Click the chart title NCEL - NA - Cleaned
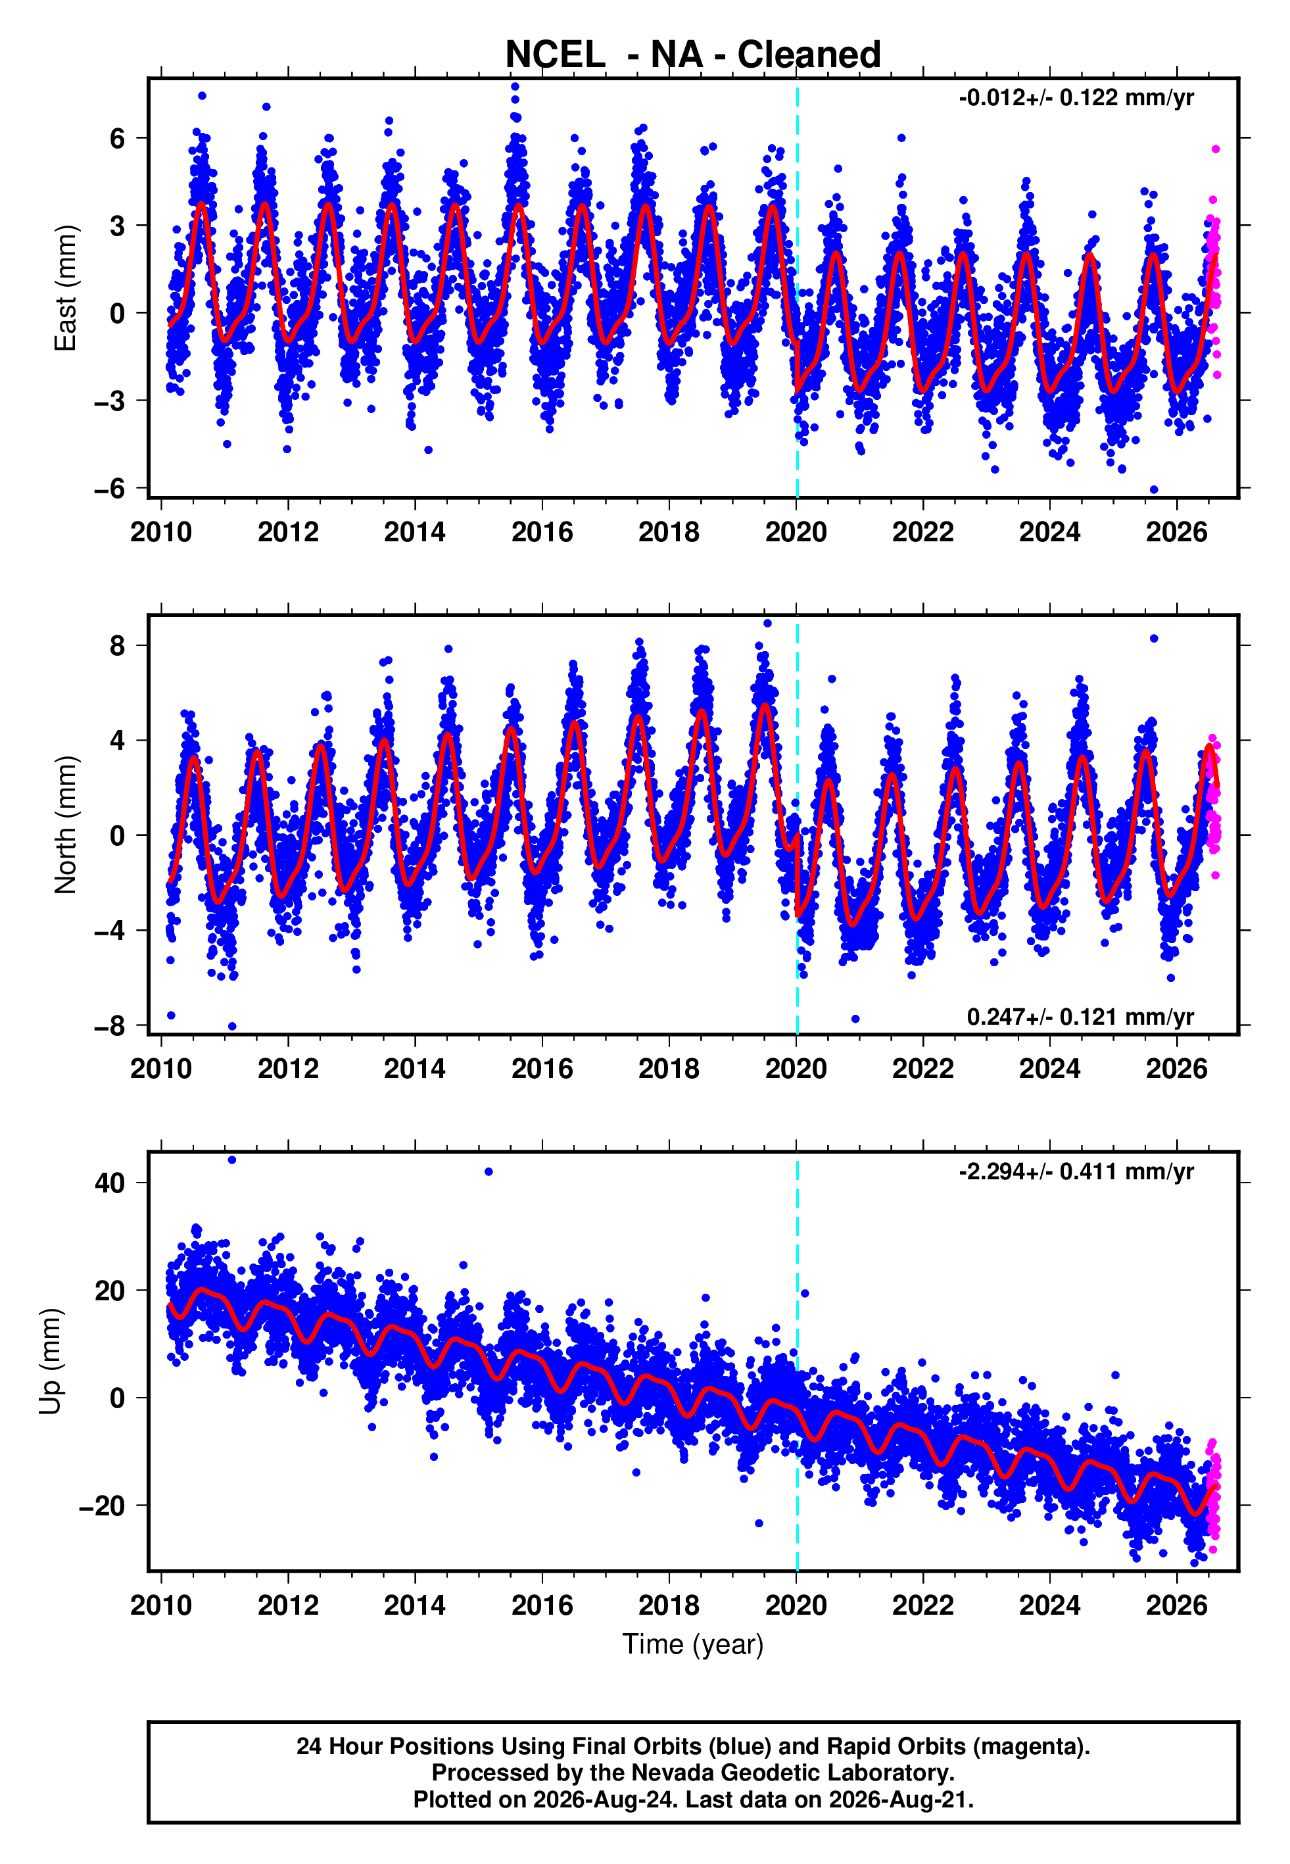[693, 55]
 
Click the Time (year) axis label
[693, 1644]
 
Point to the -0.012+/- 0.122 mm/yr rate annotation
[1076, 98]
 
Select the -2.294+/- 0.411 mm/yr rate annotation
[1076, 1171]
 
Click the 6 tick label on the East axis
[118, 138]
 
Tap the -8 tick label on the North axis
[110, 1026]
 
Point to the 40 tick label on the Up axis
[110, 1183]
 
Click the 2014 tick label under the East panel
[415, 532]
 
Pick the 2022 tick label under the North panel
[923, 1069]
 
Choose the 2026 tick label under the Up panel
[1177, 1605]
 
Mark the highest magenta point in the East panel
[1215, 149]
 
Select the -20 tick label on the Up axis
[102, 1505]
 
